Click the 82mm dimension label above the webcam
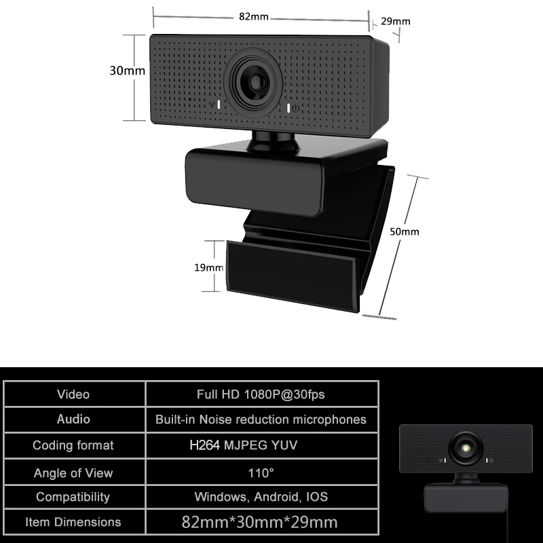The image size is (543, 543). (x=253, y=16)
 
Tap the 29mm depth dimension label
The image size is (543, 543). (x=396, y=22)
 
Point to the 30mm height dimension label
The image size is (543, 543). (x=127, y=71)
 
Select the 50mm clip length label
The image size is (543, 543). (x=405, y=231)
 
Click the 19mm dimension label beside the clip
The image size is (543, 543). (x=208, y=267)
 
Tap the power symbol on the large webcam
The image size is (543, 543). (x=295, y=109)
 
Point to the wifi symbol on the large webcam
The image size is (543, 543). (x=212, y=105)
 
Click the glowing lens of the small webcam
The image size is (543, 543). (x=466, y=449)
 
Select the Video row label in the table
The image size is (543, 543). (x=73, y=394)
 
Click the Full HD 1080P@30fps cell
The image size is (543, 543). (x=261, y=394)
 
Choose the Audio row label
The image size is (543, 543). (x=73, y=419)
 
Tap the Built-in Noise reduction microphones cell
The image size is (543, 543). (x=261, y=419)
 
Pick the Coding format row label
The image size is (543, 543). (x=73, y=445)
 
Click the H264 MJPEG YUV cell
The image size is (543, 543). (x=244, y=445)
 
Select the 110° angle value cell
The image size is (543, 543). (x=261, y=472)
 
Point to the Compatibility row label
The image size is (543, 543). (x=73, y=497)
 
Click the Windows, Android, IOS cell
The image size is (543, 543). (x=261, y=497)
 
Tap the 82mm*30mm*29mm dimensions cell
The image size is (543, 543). (x=260, y=522)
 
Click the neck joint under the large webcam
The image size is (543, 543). (x=273, y=141)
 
